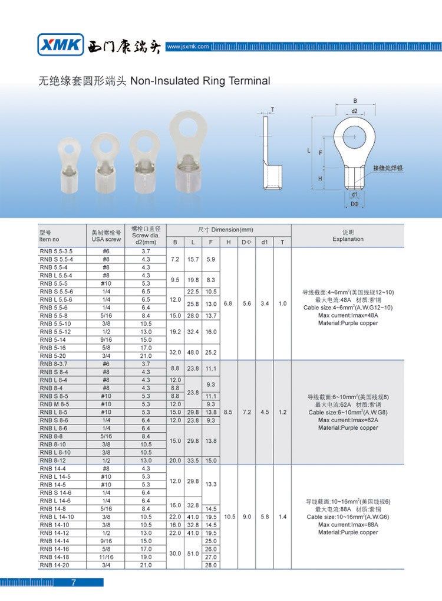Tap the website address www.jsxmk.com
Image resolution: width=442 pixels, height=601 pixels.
(188, 46)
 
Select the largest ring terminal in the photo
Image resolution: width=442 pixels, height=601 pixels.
(189, 153)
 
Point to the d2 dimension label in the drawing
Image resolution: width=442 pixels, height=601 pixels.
(355, 110)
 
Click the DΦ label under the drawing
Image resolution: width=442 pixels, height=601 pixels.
(355, 203)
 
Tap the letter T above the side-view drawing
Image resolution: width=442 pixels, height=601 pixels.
(272, 109)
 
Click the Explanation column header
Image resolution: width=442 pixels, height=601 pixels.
(348, 239)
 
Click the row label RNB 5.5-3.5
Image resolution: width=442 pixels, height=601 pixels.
(56, 251)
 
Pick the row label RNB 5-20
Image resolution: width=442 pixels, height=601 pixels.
(52, 355)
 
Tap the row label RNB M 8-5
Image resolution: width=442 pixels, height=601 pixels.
(56, 404)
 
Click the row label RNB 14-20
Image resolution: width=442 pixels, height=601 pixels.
(54, 565)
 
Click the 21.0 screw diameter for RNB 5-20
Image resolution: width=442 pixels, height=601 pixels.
(146, 355)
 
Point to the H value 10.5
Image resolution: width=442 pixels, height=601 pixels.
(229, 517)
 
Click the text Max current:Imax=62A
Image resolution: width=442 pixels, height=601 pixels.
(348, 420)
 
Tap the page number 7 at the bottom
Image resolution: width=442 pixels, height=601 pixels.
(73, 583)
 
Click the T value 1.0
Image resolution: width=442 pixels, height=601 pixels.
(282, 303)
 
